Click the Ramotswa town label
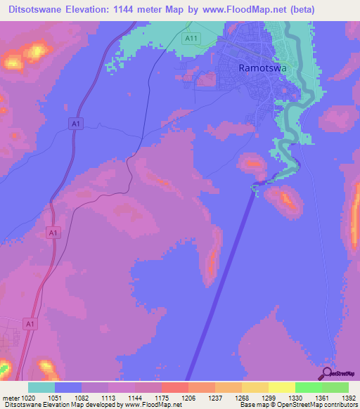pyautogui.click(x=262, y=68)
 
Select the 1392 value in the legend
pyautogui.click(x=340, y=398)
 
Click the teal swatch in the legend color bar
pyautogui.click(x=41, y=387)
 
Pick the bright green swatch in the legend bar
pyautogui.click(x=309, y=387)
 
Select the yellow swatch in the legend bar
pyautogui.click(x=282, y=387)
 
